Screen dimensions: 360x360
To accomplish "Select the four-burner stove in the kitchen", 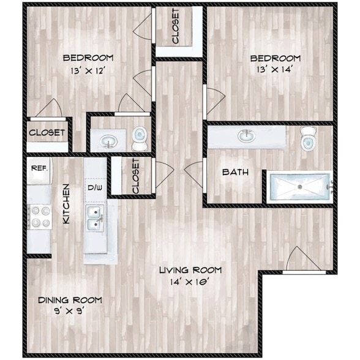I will (x=39, y=216).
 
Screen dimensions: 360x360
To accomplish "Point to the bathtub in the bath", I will (x=299, y=186).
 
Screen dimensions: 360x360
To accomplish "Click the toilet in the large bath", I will (x=308, y=139).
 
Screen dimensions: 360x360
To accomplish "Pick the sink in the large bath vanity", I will (x=247, y=135).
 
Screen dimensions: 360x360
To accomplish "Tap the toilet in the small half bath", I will (x=140, y=138).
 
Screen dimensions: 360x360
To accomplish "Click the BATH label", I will (x=235, y=172).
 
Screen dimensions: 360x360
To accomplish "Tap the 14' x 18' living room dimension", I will (x=190, y=282).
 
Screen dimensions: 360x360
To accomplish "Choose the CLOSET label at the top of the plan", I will (x=176, y=27).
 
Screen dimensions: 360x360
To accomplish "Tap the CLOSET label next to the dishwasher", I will (x=135, y=176).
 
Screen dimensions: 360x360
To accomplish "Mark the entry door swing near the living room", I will (x=296, y=258).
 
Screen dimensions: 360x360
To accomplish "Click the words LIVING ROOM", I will (x=190, y=270).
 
